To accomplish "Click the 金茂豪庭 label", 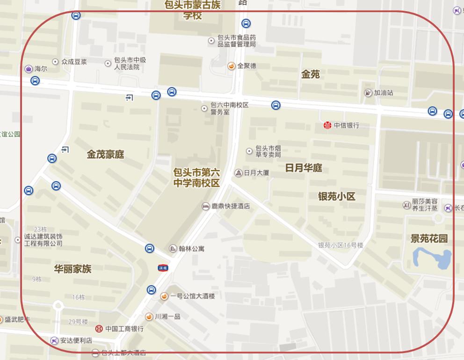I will tap(105, 154).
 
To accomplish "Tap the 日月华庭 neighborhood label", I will tap(304, 168).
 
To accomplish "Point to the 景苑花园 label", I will tap(429, 238).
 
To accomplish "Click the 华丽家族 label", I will tap(72, 269).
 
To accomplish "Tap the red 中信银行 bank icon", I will tap(327, 125).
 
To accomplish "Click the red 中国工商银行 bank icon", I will tap(99, 329).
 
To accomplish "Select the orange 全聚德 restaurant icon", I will tap(231, 66).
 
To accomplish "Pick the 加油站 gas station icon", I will tap(368, 93).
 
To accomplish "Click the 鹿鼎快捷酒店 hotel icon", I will tap(205, 206).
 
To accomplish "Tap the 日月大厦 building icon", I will tap(238, 173).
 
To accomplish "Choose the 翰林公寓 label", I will tap(191, 249).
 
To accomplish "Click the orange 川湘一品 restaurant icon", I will tap(149, 317).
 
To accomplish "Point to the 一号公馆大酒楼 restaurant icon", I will tap(164, 296).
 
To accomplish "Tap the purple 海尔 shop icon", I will tap(29, 69).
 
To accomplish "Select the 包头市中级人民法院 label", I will tap(130, 64).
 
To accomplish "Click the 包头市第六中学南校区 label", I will tap(196, 178).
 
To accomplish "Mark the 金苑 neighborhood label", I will tap(311, 74).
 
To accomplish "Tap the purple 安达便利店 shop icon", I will tap(55, 340).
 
